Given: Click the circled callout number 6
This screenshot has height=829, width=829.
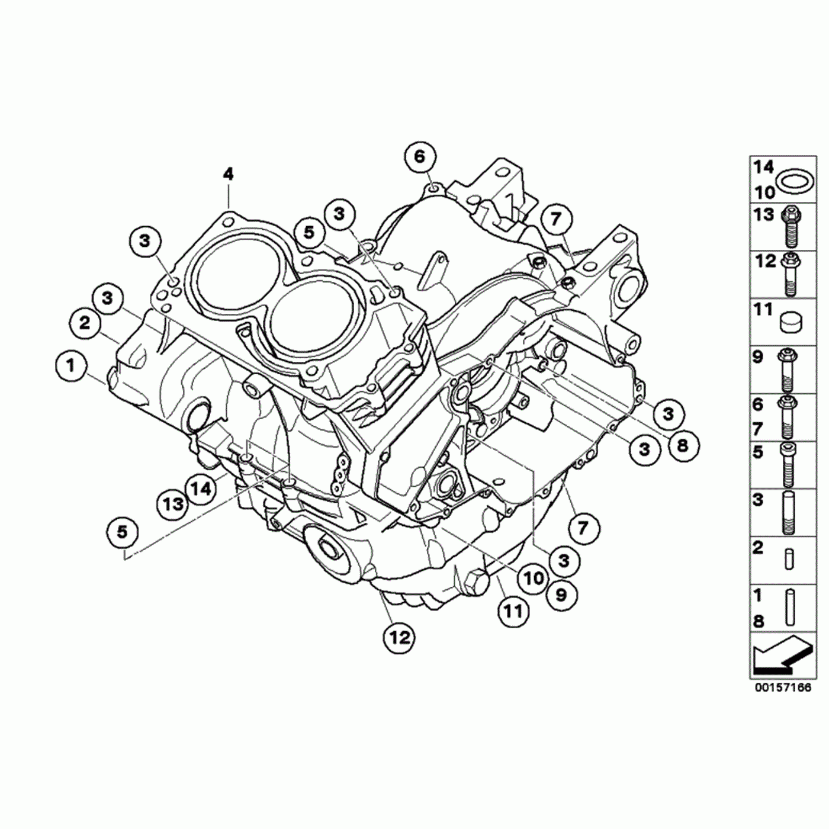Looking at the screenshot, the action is tap(419, 157).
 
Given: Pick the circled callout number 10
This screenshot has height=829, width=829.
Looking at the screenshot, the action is tap(533, 579).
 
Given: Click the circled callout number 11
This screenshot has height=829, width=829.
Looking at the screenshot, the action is tap(514, 610).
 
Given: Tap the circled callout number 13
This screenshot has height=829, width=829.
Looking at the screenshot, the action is tap(172, 503).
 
